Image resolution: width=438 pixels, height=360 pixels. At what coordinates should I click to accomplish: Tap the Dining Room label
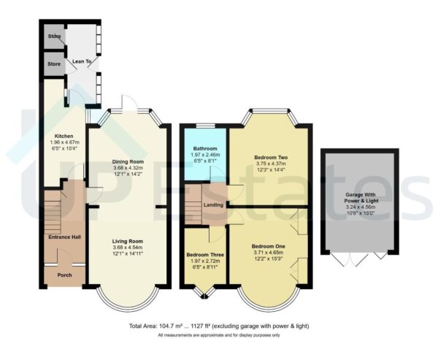click(128, 161)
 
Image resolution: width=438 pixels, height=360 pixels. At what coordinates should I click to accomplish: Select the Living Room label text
click(127, 241)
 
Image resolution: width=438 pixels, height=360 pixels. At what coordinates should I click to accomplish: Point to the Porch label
click(64, 275)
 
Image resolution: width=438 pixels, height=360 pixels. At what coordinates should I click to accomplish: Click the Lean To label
click(82, 63)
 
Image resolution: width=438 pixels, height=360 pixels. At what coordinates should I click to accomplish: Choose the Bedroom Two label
click(269, 157)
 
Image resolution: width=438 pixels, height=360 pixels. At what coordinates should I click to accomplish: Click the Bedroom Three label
click(205, 255)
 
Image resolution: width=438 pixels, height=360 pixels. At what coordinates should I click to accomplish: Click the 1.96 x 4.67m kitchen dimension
click(62, 143)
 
